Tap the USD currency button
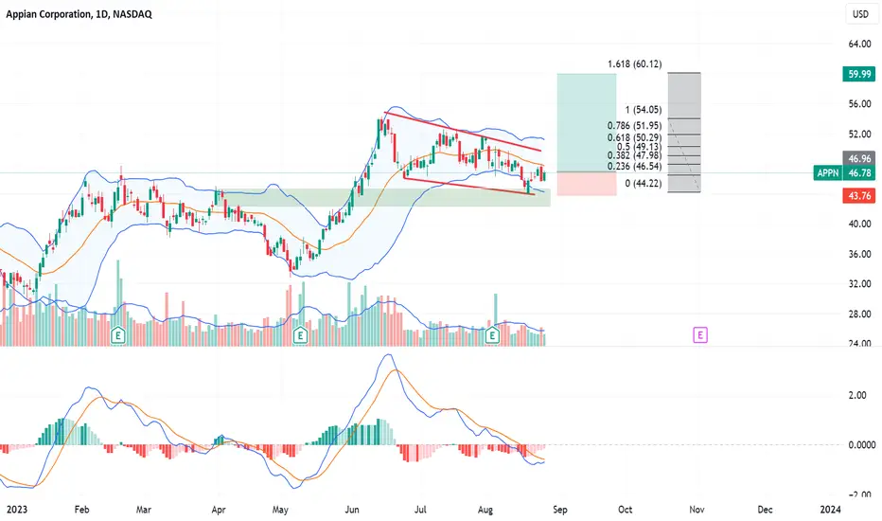[x=860, y=15]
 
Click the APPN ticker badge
[x=828, y=173]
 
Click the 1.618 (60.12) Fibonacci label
[x=634, y=64]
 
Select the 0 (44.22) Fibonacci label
[x=639, y=184]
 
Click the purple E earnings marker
[x=701, y=334]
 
